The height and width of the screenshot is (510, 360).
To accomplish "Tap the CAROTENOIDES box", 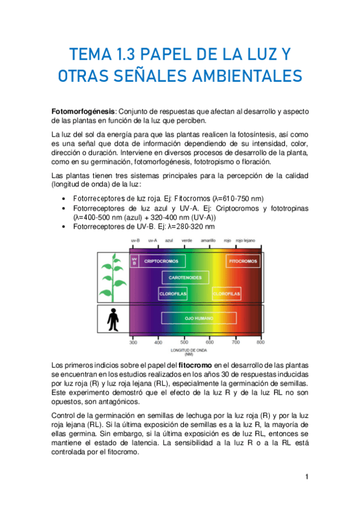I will point(185,277).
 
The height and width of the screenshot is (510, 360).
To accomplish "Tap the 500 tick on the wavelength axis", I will point(184,342).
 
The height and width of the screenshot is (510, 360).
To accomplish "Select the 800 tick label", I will point(260,342).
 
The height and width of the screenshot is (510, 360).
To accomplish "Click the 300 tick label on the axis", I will point(133,342).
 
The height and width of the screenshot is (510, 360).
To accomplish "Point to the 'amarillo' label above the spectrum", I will point(209,239).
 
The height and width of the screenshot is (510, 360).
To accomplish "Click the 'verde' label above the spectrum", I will point(186,239).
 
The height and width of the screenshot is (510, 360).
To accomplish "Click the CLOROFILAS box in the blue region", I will point(173,294).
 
